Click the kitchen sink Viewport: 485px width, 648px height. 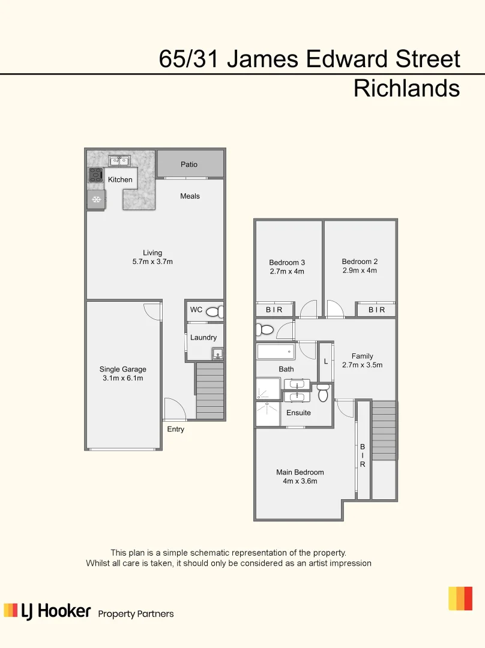tap(119, 160)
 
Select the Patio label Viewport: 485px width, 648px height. tap(189, 164)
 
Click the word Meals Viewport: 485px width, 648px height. tap(190, 196)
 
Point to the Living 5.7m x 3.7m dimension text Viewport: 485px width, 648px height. tap(152, 262)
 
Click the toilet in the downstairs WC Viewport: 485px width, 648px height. tap(214, 311)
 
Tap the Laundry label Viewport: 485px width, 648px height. tap(203, 337)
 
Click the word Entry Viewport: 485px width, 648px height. tap(176, 430)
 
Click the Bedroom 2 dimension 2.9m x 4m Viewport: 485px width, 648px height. tap(360, 271)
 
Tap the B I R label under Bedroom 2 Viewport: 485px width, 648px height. tap(376, 310)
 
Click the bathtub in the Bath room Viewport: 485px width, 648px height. tap(276, 351)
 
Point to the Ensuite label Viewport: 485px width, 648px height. tap(298, 413)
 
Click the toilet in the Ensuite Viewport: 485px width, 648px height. tap(323, 394)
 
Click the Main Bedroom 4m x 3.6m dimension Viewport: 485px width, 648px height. tap(300, 481)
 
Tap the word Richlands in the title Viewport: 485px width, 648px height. tap(406, 88)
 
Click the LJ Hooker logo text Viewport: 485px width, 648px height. tap(55, 611)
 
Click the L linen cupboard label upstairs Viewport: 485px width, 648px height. tap(326, 362)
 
